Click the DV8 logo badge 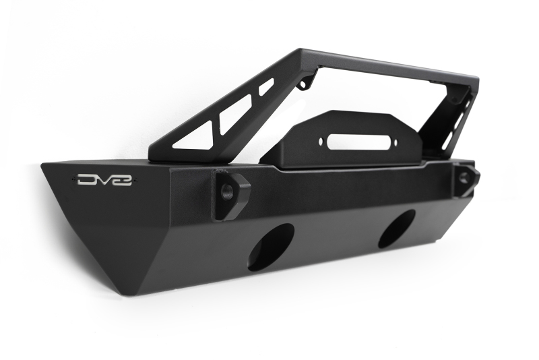click(104, 180)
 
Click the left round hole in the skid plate click(271, 247)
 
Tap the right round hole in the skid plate click(397, 228)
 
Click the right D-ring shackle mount click(466, 180)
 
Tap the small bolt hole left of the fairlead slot click(311, 145)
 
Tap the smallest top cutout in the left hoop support click(266, 86)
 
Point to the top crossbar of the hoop click(377, 63)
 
